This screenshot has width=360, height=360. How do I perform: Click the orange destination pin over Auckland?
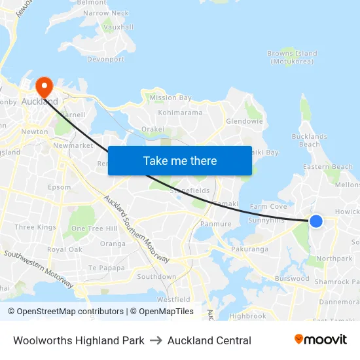coord(45,86)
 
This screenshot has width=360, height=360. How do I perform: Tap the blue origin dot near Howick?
coord(315,221)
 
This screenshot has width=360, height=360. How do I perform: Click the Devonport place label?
coord(105,59)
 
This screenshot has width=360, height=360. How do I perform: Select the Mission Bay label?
coord(171,98)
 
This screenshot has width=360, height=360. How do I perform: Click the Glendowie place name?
coord(244,121)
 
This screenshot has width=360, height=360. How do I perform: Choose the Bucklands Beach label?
coord(309,140)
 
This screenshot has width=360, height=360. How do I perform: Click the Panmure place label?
coord(216,224)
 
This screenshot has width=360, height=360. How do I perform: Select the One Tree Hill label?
coord(94,228)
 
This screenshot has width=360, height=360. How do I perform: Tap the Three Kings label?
coord(35,227)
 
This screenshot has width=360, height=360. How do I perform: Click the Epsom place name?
coord(60,187)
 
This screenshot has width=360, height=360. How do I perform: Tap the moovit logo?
coord(320,339)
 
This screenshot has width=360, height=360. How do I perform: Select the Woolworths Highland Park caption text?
coord(79,340)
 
